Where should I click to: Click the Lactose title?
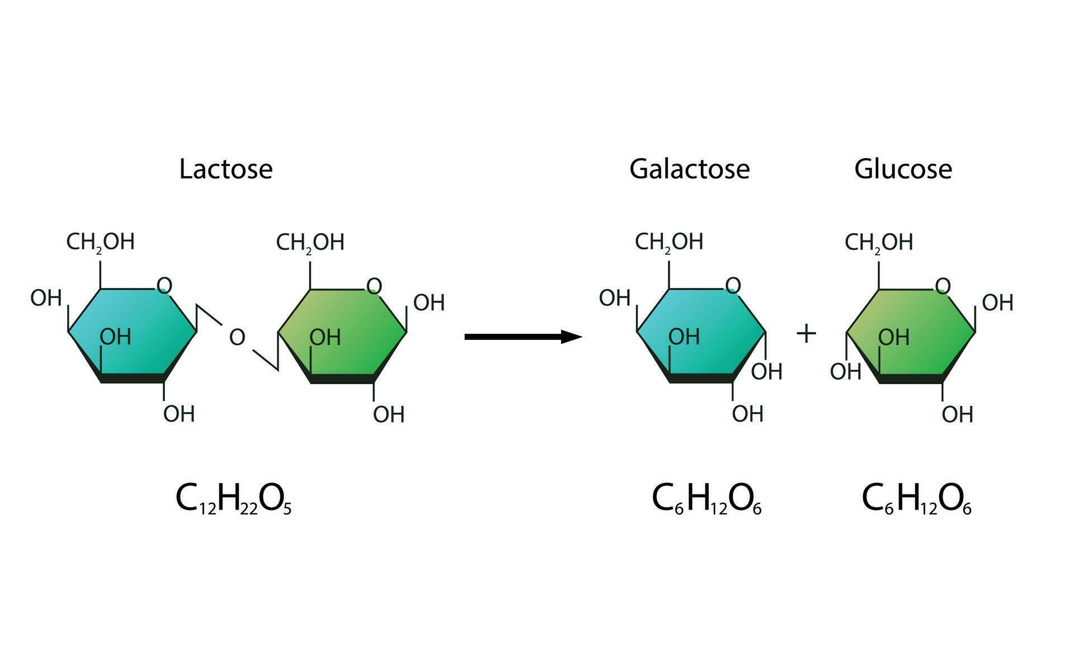pos(225,169)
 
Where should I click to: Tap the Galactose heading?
pos(689,169)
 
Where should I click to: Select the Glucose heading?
pos(903,169)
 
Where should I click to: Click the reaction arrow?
pos(523,337)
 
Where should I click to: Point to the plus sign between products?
pos(806,334)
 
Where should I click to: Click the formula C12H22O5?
pos(233,499)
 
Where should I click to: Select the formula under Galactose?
pos(706,499)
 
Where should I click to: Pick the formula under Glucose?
pos(916,499)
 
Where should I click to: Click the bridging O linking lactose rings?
pos(237,337)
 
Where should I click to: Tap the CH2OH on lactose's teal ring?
pos(101,242)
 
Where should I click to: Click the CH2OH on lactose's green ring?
pos(310,243)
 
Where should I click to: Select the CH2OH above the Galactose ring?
pos(669,242)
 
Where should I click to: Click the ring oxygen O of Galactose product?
pos(733,286)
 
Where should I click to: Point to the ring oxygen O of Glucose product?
pos(943,286)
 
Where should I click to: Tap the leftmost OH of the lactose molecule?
pos(46,298)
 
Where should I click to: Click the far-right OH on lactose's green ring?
pos(429,303)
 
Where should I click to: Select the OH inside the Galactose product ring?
pos(684,337)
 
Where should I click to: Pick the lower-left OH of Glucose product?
pos(845,371)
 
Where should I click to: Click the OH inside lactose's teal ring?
pos(115,337)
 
